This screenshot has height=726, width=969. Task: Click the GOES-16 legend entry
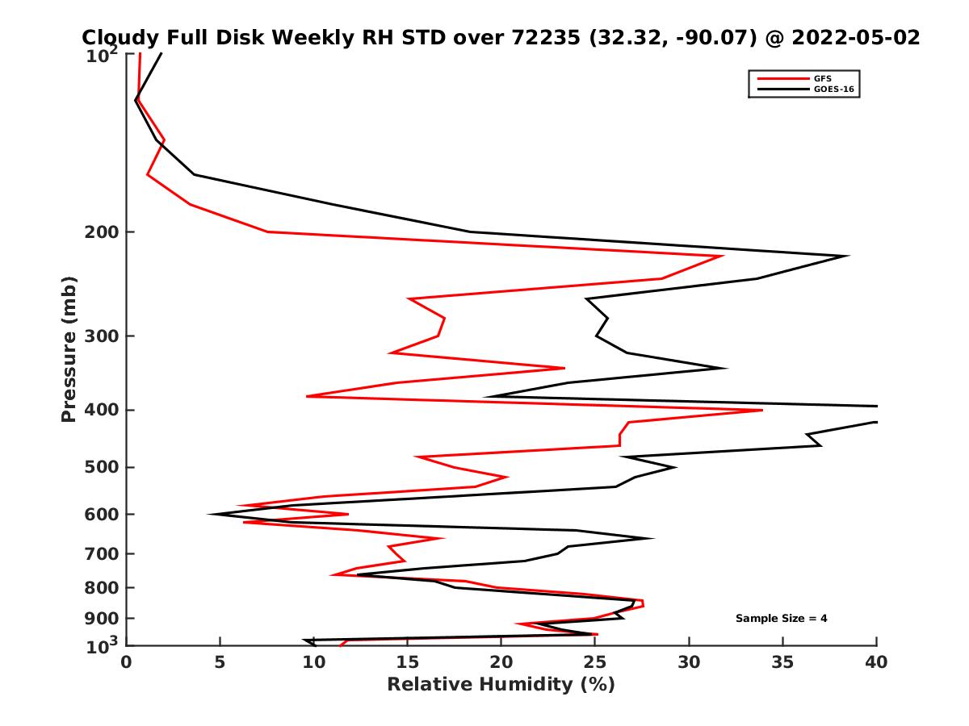(832, 90)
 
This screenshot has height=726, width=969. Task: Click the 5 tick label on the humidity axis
(220, 663)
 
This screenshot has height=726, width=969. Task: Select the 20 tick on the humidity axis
(501, 663)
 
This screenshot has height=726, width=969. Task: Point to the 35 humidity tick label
(782, 663)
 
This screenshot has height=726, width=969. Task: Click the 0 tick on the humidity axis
(126, 663)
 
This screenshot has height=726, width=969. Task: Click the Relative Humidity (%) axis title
(501, 685)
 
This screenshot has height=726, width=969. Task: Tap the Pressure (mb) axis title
(69, 348)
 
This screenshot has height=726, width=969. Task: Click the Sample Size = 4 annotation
(781, 619)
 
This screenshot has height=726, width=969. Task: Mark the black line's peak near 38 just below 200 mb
(848, 256)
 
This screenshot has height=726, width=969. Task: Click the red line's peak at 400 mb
(761, 410)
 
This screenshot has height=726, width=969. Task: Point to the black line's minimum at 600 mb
(210, 514)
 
